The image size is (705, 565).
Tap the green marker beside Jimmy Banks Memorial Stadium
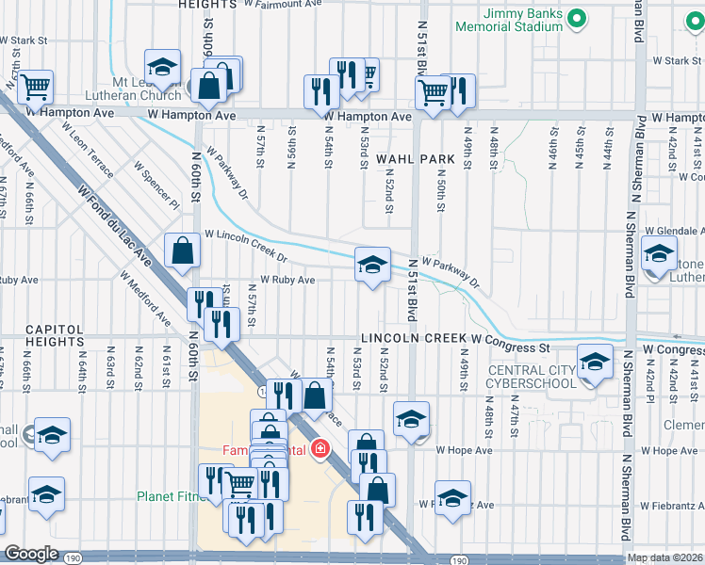click(582, 16)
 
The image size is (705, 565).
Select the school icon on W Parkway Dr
click(373, 265)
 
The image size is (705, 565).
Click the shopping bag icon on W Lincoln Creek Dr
click(182, 251)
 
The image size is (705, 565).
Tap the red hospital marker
click(321, 448)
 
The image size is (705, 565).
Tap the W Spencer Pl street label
click(156, 185)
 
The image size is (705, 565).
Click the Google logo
click(32, 553)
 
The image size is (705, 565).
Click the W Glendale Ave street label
click(674, 231)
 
